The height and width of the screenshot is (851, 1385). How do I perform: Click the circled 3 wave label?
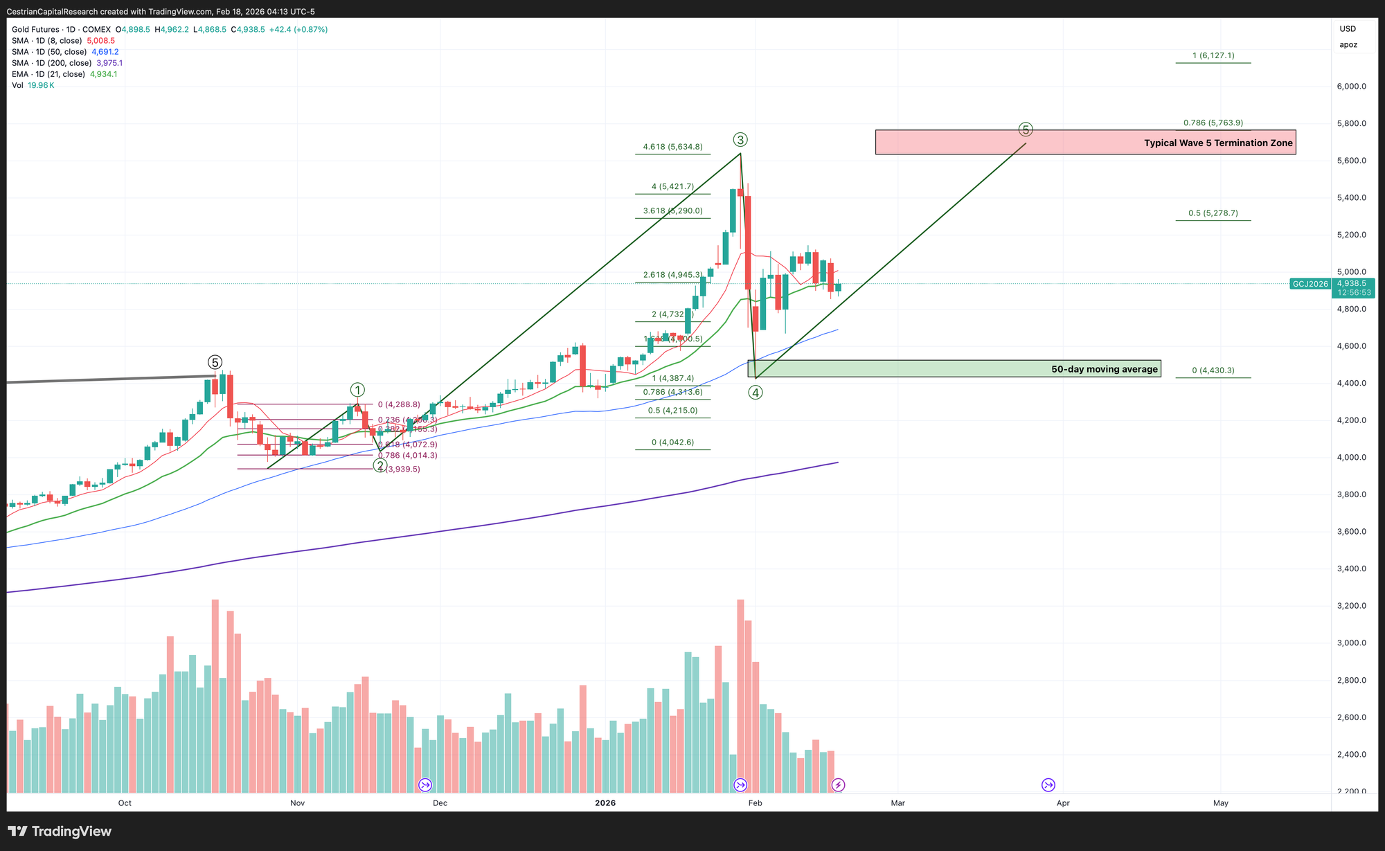click(x=740, y=140)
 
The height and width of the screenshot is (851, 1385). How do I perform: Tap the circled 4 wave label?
click(x=756, y=393)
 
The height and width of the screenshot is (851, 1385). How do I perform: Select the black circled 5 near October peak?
click(x=215, y=362)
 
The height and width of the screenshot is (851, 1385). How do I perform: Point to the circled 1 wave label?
click(x=357, y=390)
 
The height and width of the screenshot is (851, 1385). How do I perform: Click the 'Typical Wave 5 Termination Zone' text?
click(x=1218, y=143)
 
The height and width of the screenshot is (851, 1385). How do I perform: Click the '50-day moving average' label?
click(x=1104, y=369)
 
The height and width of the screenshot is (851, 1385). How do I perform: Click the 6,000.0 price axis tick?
click(x=1351, y=87)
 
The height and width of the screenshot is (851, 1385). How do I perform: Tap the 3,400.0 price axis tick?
click(x=1351, y=569)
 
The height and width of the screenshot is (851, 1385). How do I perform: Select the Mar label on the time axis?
click(x=897, y=803)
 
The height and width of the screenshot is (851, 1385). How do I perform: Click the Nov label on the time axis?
click(x=297, y=803)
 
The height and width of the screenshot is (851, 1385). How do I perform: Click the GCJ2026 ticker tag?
click(x=1310, y=284)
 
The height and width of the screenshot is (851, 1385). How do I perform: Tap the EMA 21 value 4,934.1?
click(x=103, y=74)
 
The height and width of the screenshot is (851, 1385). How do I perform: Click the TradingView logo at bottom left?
click(x=60, y=832)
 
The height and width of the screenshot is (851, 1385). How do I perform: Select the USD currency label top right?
click(x=1348, y=29)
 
